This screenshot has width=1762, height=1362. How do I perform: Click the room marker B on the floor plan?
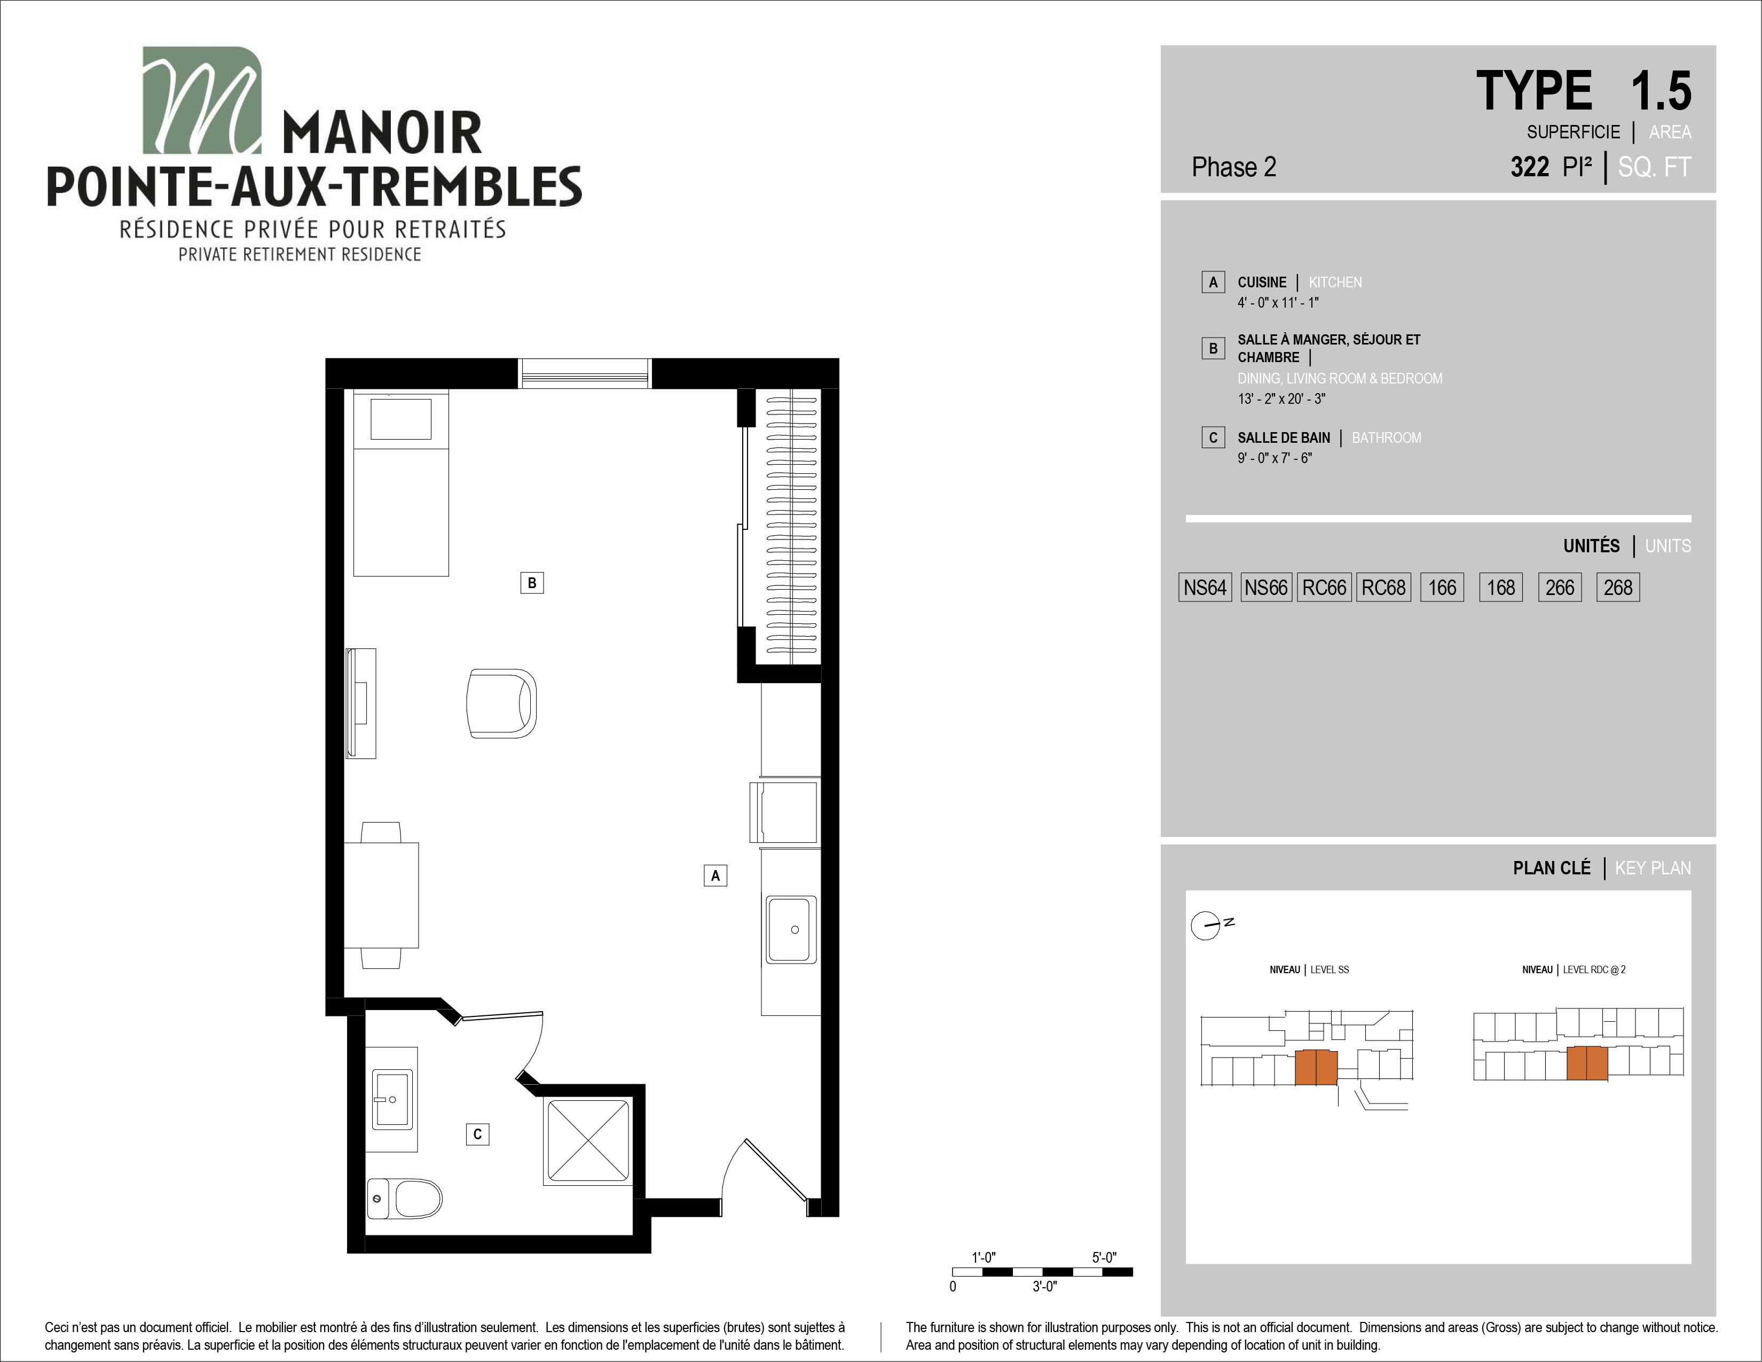532,583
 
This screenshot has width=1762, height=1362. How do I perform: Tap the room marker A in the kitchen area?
715,875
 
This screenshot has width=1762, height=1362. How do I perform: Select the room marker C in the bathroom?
478,1134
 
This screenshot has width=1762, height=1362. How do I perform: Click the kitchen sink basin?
791,929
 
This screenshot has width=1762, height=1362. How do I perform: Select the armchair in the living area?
501,703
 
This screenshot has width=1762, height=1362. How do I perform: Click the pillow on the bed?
401,419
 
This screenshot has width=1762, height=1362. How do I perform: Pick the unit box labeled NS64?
1205,588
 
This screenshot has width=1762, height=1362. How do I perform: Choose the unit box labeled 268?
1618,588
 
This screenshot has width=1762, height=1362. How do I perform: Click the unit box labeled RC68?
1383,588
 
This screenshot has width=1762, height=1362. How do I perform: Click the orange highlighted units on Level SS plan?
1316,1068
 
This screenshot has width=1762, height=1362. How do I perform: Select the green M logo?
202,100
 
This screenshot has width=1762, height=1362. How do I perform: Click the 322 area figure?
1530,167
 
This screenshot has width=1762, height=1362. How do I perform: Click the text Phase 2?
1233,167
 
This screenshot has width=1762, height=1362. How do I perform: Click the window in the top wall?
584,373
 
